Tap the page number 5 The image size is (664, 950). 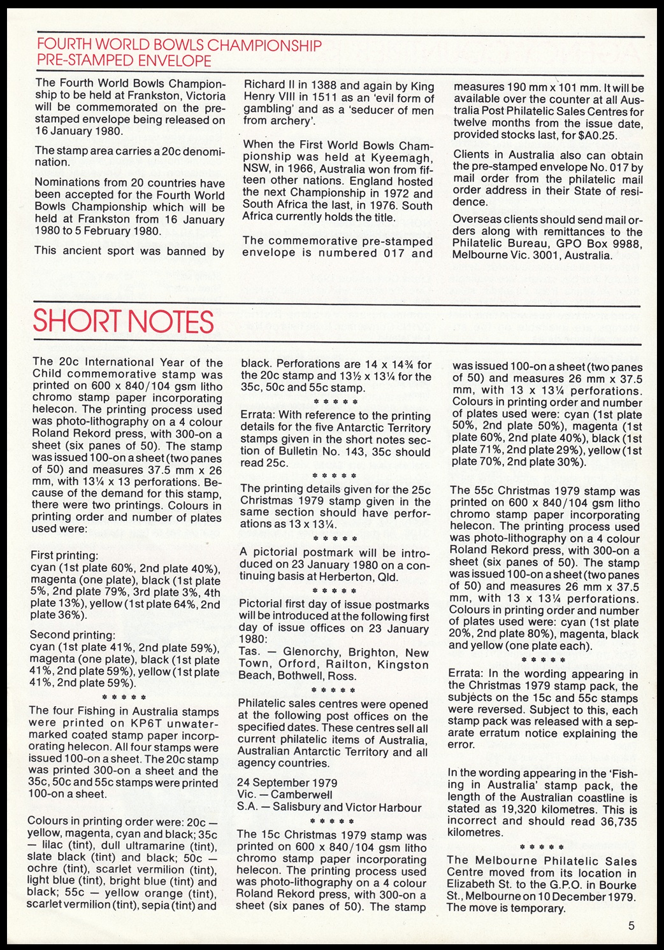click(630, 926)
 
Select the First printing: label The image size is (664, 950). click(64, 555)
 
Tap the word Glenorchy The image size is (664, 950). click(315, 653)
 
